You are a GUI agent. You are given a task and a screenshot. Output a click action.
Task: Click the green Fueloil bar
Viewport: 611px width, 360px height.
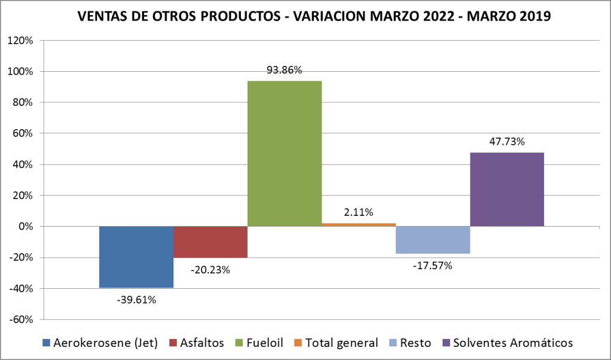click(x=285, y=153)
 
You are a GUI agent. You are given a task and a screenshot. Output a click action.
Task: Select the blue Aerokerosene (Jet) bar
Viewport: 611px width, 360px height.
click(x=136, y=257)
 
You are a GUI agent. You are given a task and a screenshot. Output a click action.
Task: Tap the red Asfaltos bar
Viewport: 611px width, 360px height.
click(x=210, y=242)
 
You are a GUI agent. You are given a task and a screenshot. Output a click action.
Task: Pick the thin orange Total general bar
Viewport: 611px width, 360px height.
click(x=359, y=224)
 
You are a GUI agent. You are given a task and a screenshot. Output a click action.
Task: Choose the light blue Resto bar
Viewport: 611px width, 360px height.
click(x=433, y=240)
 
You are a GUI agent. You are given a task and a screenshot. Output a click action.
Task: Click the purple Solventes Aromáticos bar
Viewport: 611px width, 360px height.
click(x=507, y=189)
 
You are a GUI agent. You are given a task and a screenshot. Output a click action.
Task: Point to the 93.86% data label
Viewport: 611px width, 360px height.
click(x=284, y=70)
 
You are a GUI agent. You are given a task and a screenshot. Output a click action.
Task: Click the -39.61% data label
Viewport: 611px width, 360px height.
click(x=136, y=300)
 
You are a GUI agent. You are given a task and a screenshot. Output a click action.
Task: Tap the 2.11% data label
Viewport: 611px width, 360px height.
click(x=359, y=212)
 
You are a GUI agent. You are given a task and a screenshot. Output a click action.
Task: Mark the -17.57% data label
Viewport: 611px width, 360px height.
click(x=432, y=266)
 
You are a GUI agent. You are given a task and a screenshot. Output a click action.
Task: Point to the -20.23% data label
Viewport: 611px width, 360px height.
click(x=210, y=270)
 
